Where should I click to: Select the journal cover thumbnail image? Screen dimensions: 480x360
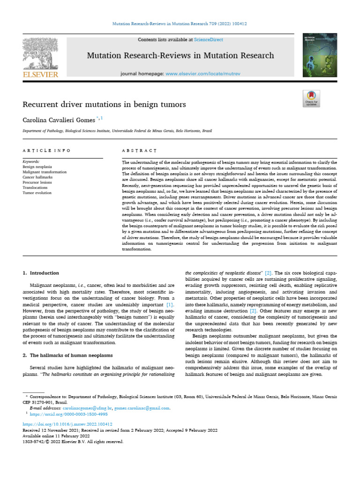pyautogui.click(x=319, y=56)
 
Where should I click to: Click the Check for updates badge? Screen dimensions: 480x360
pyautogui.click(x=311, y=99)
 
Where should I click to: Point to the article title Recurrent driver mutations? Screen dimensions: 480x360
pyautogui.click(x=104, y=104)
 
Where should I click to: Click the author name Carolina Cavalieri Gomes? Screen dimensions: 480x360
pyautogui.click(x=59, y=120)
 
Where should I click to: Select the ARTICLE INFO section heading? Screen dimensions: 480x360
pyautogui.click(x=47, y=150)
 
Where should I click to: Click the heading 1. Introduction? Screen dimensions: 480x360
pyautogui.click(x=41, y=273)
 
